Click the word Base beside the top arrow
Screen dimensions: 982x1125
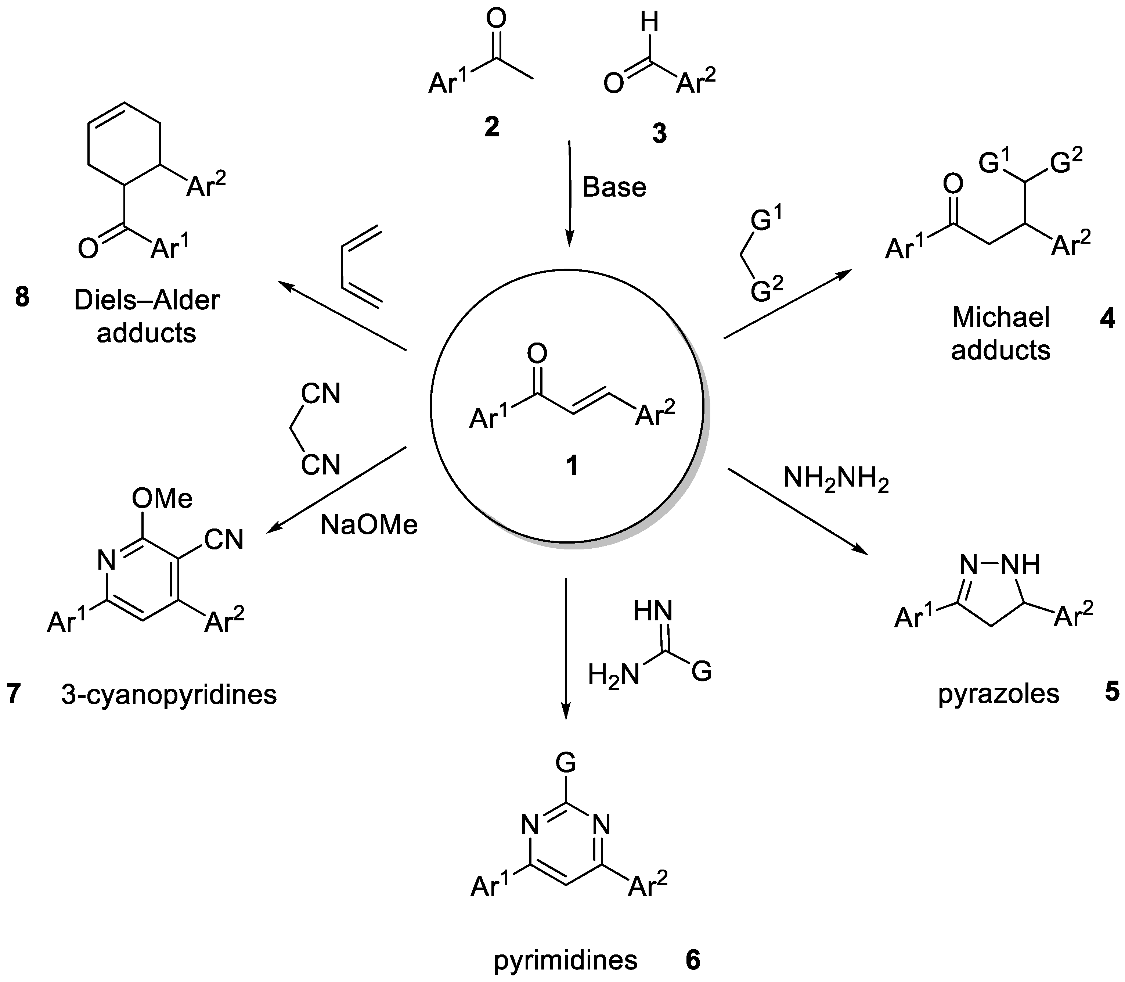click(614, 187)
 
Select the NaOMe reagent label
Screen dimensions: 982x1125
click(369, 525)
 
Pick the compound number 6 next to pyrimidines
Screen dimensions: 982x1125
click(693, 960)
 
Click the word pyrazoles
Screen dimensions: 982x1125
click(999, 694)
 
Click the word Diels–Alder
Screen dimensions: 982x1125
click(147, 300)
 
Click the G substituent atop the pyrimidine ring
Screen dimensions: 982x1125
click(565, 761)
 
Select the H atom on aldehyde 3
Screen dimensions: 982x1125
click(649, 23)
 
